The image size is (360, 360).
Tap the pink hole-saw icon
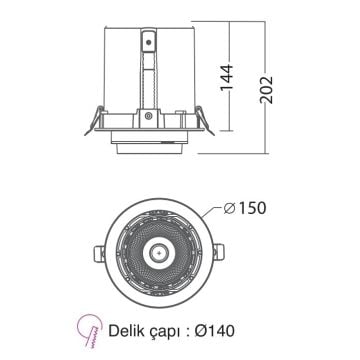91,329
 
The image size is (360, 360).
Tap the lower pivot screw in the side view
149,116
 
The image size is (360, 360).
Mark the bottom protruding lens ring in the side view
149,147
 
